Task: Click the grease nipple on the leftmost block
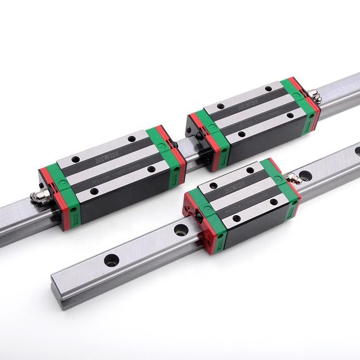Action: click(38, 196)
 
